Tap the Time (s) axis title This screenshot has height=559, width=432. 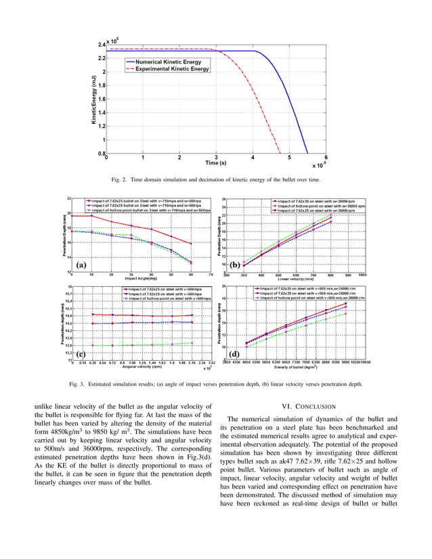coord(215,163)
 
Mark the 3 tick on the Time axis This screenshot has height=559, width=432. coord(216,157)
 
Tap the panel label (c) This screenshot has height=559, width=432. coord(81,353)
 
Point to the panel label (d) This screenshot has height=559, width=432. coord(236,353)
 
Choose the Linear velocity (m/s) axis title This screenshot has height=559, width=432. coord(296,279)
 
